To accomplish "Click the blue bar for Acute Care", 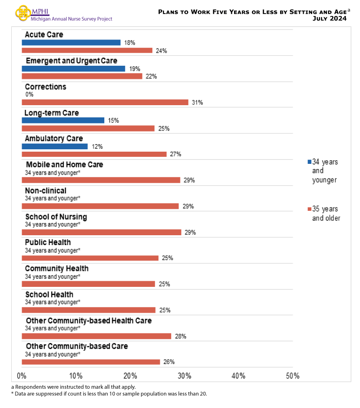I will (71, 43).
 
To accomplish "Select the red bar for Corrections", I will (105, 102).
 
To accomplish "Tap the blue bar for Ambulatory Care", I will (55, 146).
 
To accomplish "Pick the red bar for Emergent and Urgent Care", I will (82, 76).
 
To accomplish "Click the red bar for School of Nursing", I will (102, 232).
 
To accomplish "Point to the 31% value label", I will (197, 102).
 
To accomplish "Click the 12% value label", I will (97, 146).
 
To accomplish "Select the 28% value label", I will (181, 336).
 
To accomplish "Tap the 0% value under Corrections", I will (29, 94).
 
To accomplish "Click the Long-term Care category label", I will (52, 113).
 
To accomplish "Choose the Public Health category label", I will (48, 243).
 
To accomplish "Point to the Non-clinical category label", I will (46, 191).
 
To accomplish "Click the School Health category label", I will (49, 294).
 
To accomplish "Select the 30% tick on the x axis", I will (184, 376).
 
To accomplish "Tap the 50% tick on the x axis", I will (292, 376).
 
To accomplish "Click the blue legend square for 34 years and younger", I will (309, 162).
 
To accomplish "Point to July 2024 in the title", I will (329, 19).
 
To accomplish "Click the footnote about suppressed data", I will (109, 394).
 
